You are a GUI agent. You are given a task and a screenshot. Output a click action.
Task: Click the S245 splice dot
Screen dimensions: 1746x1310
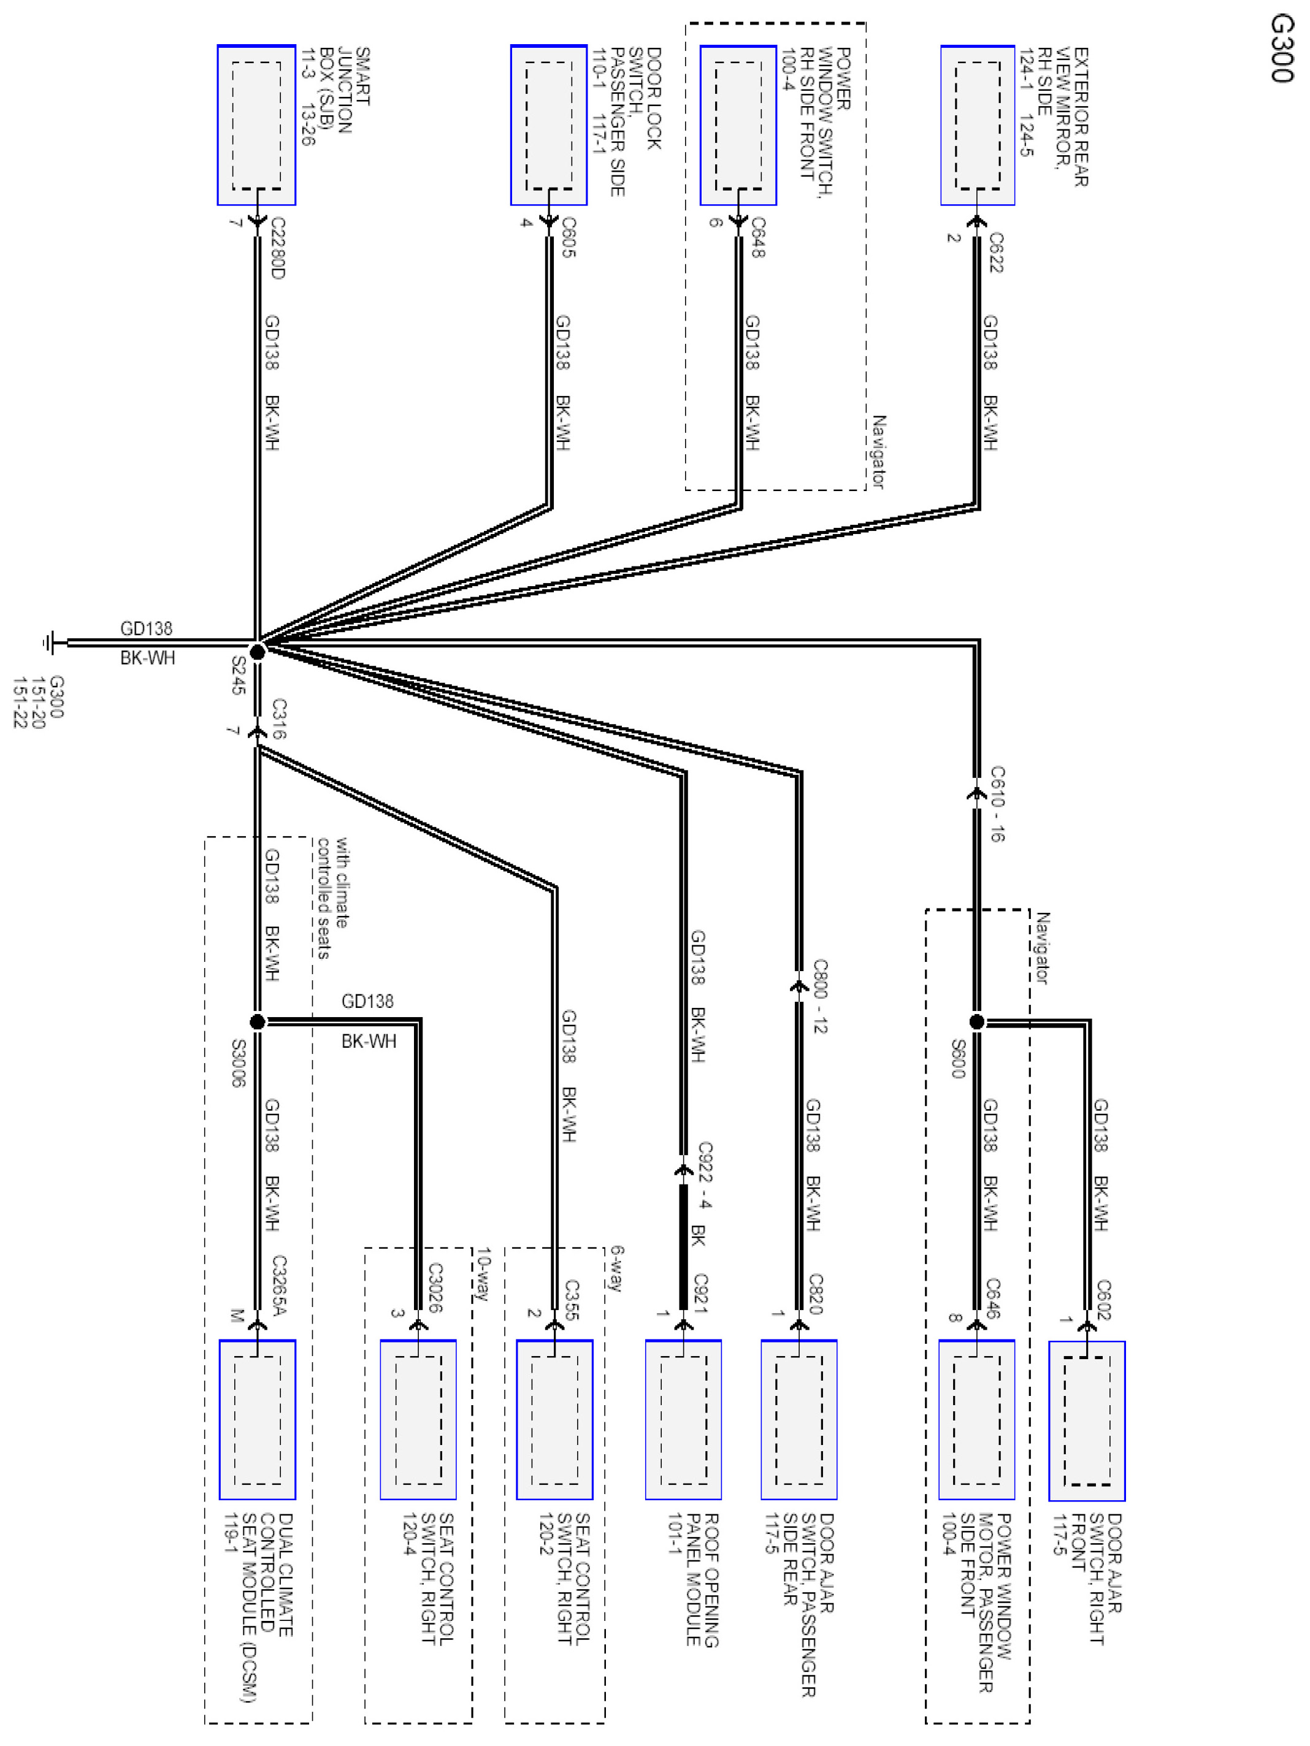pyautogui.click(x=258, y=651)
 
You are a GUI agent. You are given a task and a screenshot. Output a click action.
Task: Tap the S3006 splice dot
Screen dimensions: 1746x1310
pyautogui.click(x=258, y=1022)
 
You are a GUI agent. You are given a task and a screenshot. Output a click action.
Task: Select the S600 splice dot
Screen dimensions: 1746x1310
pyautogui.click(x=977, y=1022)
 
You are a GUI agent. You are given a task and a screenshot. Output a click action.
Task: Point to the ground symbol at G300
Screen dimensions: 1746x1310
pyautogui.click(x=50, y=642)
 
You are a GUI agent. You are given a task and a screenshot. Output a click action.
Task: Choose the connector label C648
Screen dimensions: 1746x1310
pyautogui.click(x=758, y=237)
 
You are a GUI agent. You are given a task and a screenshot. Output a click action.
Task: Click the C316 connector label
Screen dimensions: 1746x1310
pyautogui.click(x=278, y=719)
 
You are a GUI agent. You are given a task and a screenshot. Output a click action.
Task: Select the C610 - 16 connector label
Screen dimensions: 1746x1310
pyautogui.click(x=997, y=804)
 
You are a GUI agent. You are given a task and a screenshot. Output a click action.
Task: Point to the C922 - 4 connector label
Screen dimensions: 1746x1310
pyautogui.click(x=704, y=1175)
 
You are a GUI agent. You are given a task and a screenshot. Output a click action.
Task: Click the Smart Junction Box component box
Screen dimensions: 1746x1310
pyautogui.click(x=256, y=124)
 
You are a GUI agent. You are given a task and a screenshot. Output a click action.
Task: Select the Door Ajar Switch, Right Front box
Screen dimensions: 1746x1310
pyautogui.click(x=1087, y=1421)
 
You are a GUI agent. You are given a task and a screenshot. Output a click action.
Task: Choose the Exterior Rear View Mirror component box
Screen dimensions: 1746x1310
pyautogui.click(x=978, y=124)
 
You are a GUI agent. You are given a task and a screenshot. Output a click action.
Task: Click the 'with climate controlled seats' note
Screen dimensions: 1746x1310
pyautogui.click(x=332, y=898)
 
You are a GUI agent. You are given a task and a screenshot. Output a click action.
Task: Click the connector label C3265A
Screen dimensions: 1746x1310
pyautogui.click(x=278, y=1286)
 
